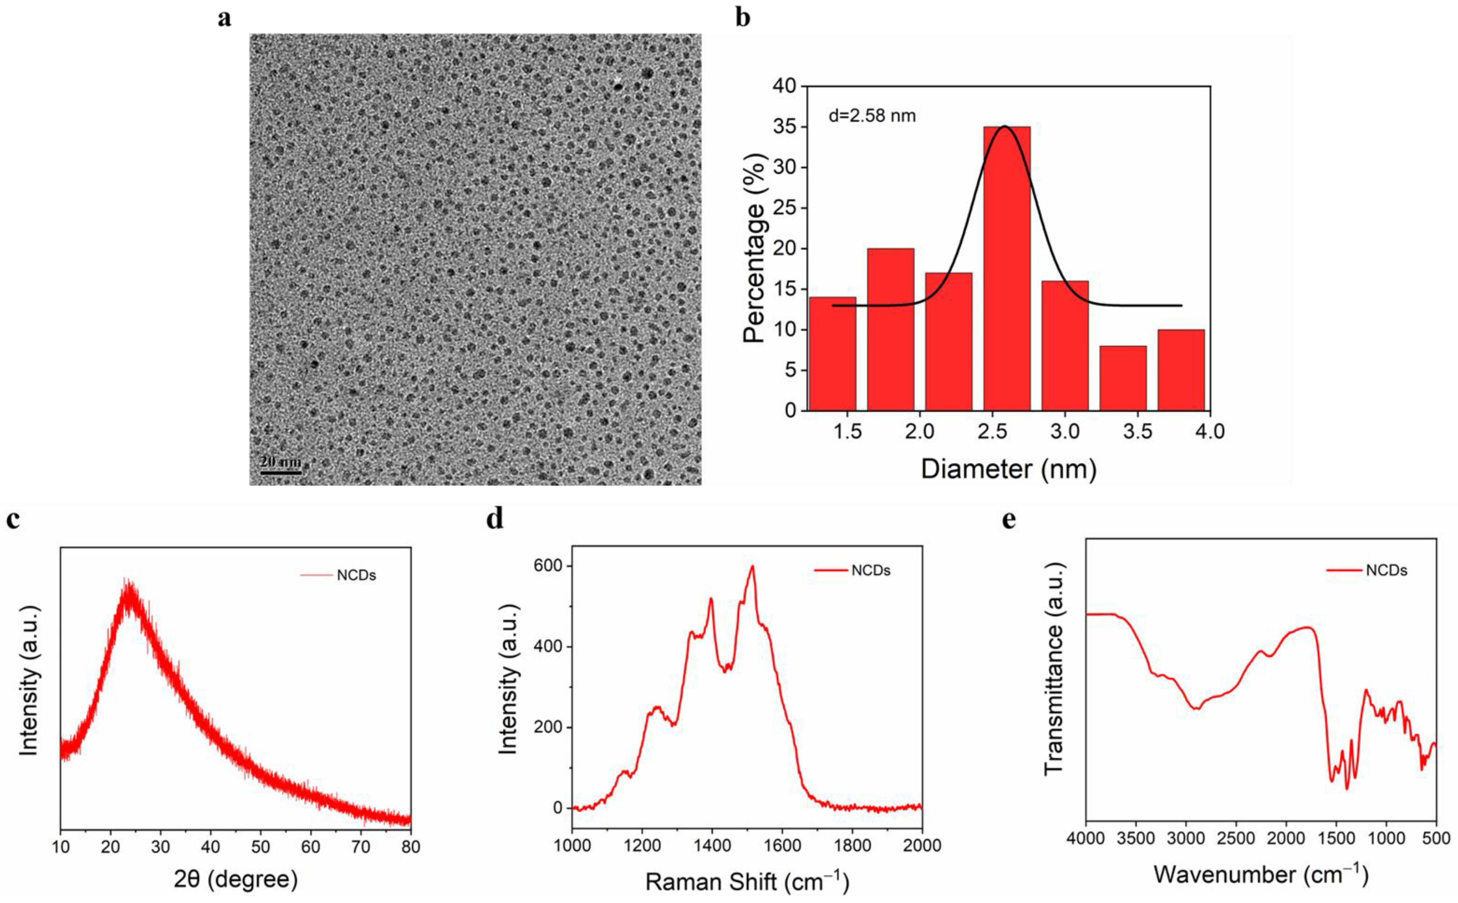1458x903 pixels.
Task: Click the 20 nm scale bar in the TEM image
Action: click(280, 472)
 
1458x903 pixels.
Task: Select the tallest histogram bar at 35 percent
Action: click(1006, 269)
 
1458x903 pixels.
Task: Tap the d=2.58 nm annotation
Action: click(872, 116)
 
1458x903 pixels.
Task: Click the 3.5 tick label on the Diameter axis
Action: click(1137, 431)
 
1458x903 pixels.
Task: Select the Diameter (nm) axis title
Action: click(1008, 469)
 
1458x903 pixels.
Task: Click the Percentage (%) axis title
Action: click(754, 248)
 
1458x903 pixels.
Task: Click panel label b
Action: click(742, 18)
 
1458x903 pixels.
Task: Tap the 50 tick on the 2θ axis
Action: click(260, 847)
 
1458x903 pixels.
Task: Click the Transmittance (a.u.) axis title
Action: click(1054, 669)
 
